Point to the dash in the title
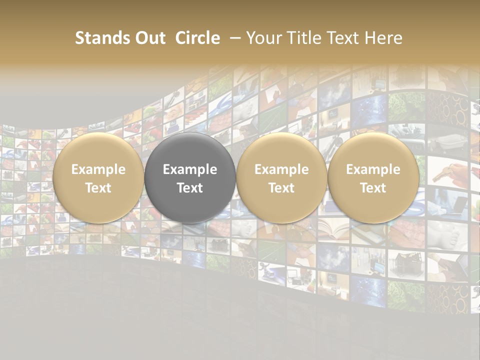click(235, 38)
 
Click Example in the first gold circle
click(98, 169)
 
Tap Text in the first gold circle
click(98, 188)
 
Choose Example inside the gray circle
click(190, 169)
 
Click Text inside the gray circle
click(190, 188)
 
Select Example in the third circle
click(281, 169)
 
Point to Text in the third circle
click(281, 188)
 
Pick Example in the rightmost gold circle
click(373, 169)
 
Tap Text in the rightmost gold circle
click(373, 188)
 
